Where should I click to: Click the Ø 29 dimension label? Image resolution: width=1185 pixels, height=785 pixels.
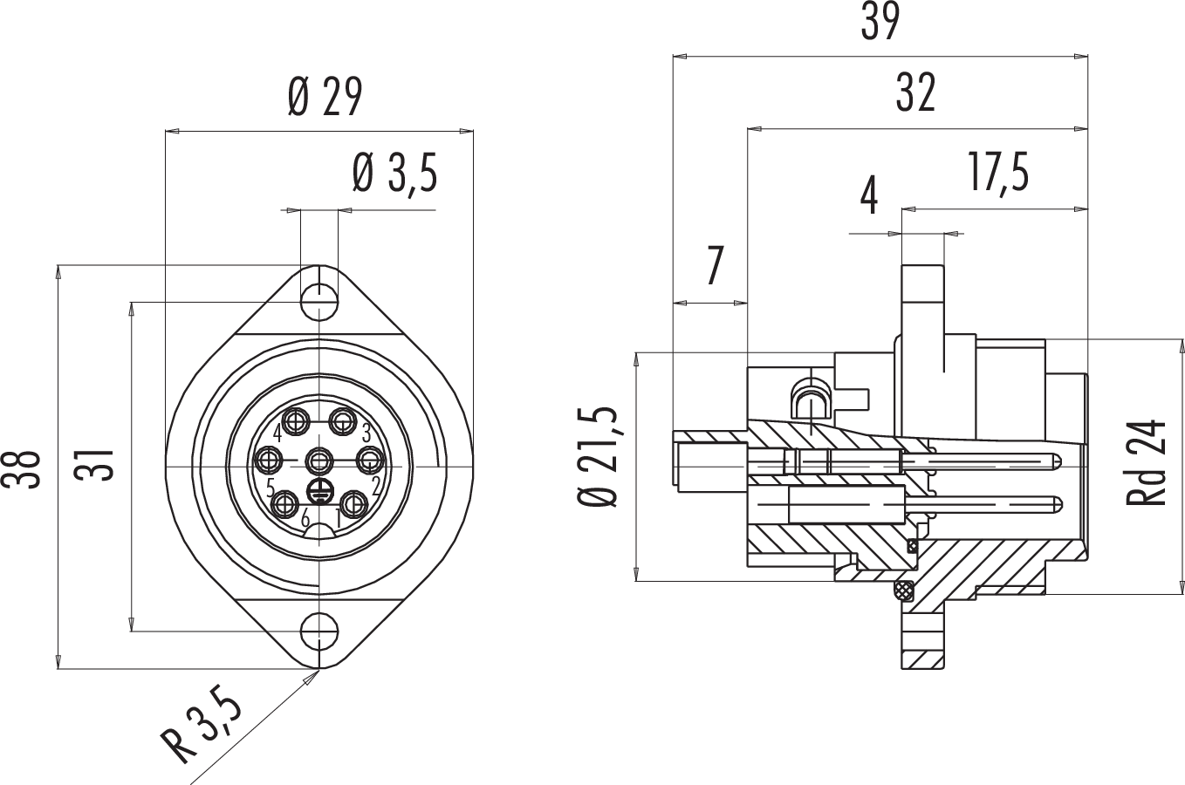(x=324, y=99)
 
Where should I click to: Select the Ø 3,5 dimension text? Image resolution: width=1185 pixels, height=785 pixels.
(x=394, y=174)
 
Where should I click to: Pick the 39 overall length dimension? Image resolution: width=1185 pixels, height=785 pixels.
(x=880, y=24)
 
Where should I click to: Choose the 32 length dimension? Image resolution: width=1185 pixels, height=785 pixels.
(x=916, y=93)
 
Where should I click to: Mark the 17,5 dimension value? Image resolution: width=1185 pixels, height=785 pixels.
(x=997, y=173)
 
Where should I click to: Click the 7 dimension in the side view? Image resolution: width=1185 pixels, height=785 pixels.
(x=715, y=266)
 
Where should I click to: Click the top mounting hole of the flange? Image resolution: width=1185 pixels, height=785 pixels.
(x=319, y=302)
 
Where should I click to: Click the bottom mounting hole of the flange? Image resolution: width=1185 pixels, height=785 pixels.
(x=319, y=630)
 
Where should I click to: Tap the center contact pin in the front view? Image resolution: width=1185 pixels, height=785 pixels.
(x=320, y=459)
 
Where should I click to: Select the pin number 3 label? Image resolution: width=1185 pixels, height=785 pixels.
(x=366, y=431)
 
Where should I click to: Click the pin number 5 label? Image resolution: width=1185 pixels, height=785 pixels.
(x=271, y=485)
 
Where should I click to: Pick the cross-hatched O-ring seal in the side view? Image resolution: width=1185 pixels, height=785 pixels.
(x=902, y=590)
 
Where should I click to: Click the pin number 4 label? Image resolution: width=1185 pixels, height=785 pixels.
(x=277, y=432)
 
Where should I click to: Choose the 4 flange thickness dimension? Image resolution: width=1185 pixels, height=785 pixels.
(x=869, y=197)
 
